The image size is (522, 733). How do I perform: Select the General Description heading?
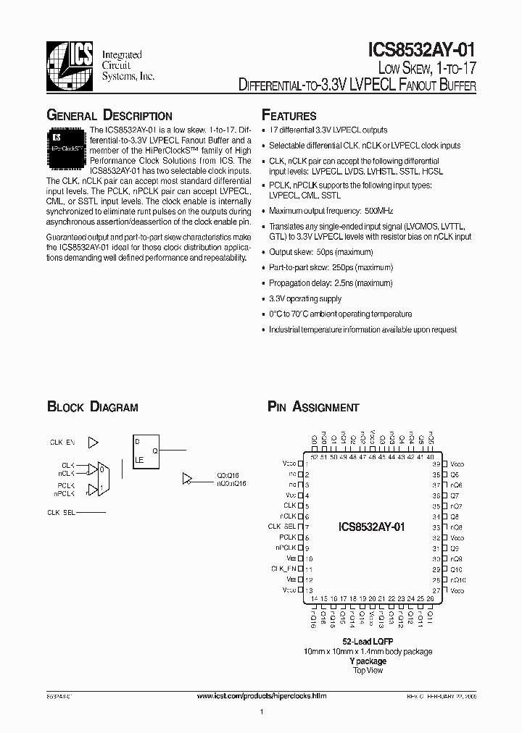click(x=109, y=116)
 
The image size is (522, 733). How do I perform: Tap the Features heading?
click(x=289, y=116)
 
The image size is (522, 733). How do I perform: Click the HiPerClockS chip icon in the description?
click(x=67, y=142)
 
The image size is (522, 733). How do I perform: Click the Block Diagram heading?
click(x=92, y=407)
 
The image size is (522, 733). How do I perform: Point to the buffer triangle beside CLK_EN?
click(x=93, y=442)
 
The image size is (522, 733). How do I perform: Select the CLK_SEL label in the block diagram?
click(x=61, y=512)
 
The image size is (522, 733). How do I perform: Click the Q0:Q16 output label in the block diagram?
click(x=226, y=476)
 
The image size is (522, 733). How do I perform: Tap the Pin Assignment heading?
click(x=313, y=407)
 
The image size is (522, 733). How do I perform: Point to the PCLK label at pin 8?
click(x=288, y=537)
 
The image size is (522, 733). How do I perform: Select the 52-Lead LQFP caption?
click(x=368, y=642)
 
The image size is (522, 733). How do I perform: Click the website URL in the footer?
click(x=262, y=696)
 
